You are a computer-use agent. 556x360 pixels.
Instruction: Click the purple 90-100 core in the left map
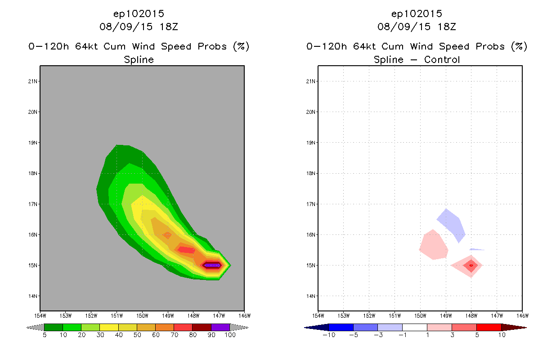[x=212, y=265]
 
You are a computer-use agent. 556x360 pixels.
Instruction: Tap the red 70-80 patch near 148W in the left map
[x=186, y=249]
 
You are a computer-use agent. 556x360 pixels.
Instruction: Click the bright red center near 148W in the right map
[x=471, y=265]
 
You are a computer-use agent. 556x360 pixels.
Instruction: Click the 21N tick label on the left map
[x=33, y=81]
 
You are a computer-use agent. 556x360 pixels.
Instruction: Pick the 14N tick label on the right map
[x=311, y=296]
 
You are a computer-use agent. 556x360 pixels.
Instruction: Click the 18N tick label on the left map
[x=33, y=173]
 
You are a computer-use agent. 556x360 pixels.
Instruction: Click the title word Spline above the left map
[x=139, y=59]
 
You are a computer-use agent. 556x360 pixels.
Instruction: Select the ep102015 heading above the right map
[x=417, y=13]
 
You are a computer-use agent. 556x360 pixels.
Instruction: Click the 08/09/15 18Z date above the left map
[x=139, y=27]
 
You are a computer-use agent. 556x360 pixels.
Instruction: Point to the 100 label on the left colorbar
[x=230, y=335]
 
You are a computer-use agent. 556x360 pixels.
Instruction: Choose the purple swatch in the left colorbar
[x=220, y=327]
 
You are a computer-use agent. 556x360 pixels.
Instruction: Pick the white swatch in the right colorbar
[x=414, y=327]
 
